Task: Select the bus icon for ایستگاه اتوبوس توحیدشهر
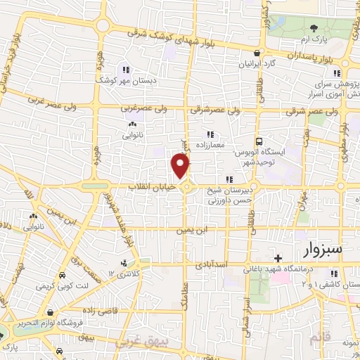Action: pos(259,141)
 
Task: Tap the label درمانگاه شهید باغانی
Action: pos(277,269)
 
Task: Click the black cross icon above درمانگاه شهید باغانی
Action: pos(278,257)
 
